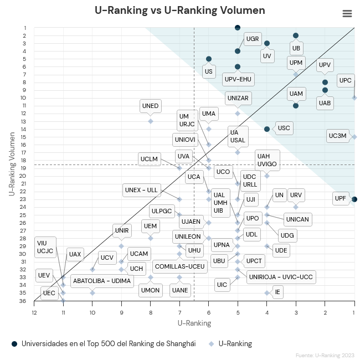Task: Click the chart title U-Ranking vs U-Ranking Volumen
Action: [x=180, y=11]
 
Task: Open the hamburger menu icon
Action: [x=347, y=14]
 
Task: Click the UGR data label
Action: [x=253, y=39]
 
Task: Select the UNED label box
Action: [x=150, y=106]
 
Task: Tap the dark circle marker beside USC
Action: [x=267, y=129]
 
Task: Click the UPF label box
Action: [x=341, y=198]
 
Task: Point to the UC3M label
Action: [x=337, y=135]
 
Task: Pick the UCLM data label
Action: [x=150, y=159]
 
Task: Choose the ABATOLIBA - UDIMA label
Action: [x=102, y=281]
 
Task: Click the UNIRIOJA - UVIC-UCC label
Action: [x=281, y=277]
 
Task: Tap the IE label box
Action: [x=277, y=291]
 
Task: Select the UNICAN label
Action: [x=298, y=219]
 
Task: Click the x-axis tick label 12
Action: [x=34, y=312]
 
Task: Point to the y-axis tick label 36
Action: [x=24, y=301]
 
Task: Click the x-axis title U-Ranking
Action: [x=194, y=323]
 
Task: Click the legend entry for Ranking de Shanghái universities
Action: [x=104, y=343]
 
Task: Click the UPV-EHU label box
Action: [x=238, y=79]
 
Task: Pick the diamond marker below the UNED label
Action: [x=151, y=121]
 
